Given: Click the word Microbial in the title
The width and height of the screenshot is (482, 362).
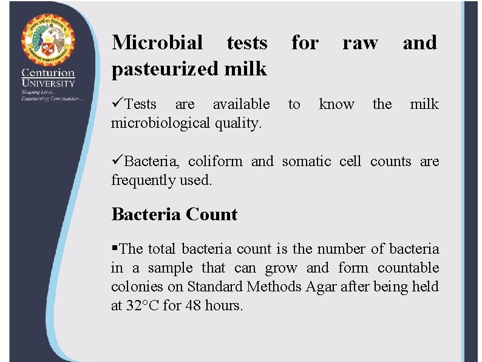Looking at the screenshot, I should point(157,43).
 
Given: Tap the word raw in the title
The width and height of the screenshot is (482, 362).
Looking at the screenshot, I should point(359,43).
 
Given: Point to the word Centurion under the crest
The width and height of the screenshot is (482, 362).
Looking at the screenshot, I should point(48,72).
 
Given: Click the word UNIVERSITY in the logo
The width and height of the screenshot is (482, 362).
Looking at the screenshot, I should point(48,83).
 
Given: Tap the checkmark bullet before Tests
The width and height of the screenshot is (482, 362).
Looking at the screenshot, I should point(117,104).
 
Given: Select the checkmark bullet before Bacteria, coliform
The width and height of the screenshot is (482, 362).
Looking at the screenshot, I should point(117,161).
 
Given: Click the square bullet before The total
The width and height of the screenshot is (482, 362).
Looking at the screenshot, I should point(115,249).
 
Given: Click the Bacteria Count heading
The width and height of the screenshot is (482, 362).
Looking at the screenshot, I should point(174,214).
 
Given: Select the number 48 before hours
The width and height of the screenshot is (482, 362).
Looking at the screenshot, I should point(194,305).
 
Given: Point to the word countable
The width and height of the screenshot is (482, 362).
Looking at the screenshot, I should point(408,268).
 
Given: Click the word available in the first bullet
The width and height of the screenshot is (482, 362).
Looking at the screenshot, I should point(241,104).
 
